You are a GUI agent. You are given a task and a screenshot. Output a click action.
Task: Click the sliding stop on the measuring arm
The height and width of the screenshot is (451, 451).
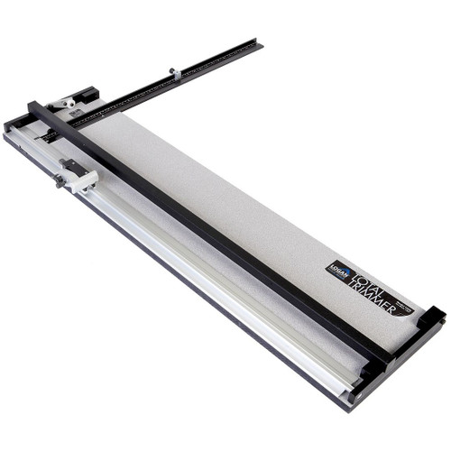(x=175, y=72)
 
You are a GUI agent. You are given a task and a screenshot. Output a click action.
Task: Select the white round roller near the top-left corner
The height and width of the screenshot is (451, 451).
(x=68, y=104)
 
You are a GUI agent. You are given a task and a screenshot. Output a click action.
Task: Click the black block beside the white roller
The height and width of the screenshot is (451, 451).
(x=87, y=94)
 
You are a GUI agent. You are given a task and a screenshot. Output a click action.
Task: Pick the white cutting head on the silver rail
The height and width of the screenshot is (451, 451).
(x=79, y=175)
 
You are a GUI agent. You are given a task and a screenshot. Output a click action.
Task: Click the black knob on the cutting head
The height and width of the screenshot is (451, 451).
(x=60, y=180)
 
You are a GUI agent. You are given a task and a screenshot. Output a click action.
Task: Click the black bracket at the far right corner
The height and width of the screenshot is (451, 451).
(x=430, y=318)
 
